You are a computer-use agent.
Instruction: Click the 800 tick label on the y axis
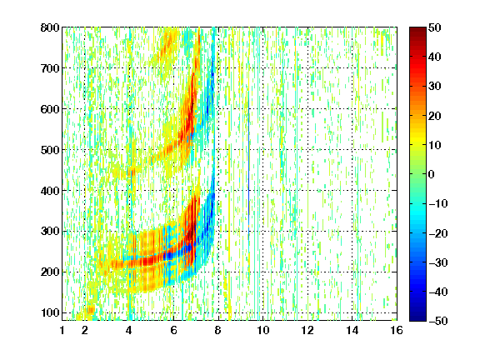(50, 27)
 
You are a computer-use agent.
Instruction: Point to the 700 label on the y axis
(50, 68)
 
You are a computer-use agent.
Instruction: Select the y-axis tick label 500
(50, 150)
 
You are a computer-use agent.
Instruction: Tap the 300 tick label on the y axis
(50, 232)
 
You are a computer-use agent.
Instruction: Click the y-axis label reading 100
(51, 312)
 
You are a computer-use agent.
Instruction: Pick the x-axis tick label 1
(62, 330)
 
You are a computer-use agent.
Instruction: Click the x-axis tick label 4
(129, 330)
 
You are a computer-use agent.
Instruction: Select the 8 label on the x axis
(217, 330)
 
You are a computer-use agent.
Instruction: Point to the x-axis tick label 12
(307, 330)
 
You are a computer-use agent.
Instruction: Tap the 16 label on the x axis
(397, 330)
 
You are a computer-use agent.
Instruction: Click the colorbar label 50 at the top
(435, 27)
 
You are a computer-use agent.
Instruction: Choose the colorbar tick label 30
(435, 87)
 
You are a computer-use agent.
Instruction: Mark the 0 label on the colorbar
(432, 174)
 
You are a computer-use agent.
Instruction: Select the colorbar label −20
(438, 233)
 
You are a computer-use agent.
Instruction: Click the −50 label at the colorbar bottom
(438, 321)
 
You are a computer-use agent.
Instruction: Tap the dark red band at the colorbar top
(417, 33)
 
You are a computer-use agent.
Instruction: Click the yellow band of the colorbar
(417, 137)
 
